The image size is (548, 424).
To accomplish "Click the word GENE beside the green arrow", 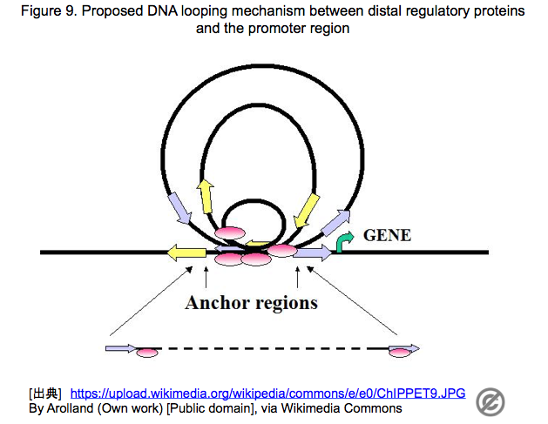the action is [387, 235].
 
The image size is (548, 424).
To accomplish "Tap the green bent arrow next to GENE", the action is [344, 241].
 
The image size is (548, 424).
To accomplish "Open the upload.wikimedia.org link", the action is [267, 394].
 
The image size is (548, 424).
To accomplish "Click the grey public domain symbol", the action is [490, 402].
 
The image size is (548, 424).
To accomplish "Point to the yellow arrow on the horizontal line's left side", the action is [186, 252].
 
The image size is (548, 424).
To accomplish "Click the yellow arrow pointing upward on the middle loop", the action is [206, 196].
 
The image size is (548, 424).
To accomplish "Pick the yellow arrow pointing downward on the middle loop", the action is [306, 211].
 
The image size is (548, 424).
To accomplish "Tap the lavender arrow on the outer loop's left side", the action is [179, 208].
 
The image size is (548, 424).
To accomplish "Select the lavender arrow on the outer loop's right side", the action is [335, 223].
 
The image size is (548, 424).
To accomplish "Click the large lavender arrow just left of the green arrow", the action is [313, 252].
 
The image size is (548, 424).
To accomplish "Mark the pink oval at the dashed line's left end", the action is [147, 353].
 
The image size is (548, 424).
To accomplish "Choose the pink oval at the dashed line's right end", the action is [400, 353].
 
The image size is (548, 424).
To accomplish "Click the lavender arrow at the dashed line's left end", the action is [121, 348].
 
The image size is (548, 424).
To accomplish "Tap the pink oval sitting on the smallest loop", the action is [230, 232].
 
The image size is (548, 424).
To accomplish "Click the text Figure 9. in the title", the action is [50, 11].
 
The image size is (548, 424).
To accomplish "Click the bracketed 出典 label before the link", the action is [45, 394].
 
